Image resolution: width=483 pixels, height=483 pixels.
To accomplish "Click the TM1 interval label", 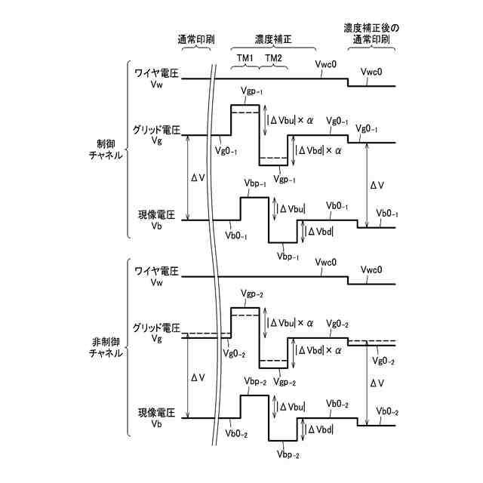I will (x=246, y=58).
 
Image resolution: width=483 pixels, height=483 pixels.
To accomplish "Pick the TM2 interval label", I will (x=273, y=58).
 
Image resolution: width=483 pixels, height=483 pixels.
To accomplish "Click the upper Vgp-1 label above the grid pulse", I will (x=251, y=91).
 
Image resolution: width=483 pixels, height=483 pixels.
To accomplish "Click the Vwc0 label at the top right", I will (x=373, y=72).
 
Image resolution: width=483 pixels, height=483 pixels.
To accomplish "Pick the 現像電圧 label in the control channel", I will (x=156, y=215).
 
